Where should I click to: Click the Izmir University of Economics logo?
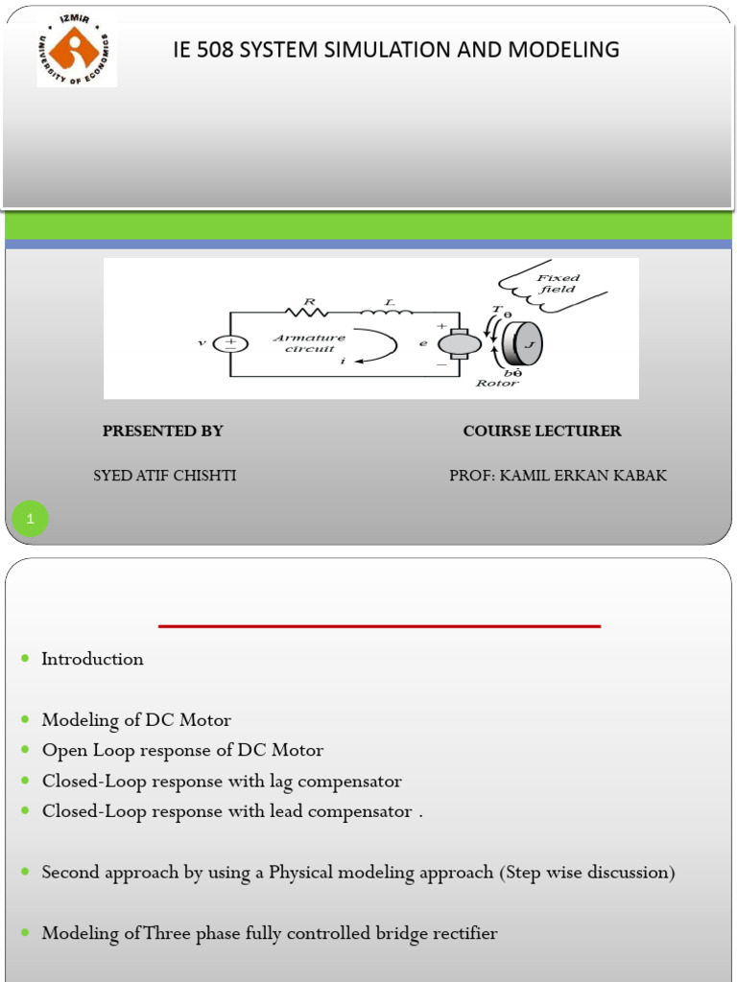coord(77,50)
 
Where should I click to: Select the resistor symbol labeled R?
coord(308,312)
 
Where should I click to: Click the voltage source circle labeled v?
coord(230,344)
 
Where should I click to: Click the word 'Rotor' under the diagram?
coord(497,384)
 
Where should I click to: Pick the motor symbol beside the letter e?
coord(460,343)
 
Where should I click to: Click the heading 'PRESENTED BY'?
coord(162,432)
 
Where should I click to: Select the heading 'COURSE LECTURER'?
coord(542,432)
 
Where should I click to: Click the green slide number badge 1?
coord(30,520)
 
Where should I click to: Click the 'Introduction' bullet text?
coord(92,659)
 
